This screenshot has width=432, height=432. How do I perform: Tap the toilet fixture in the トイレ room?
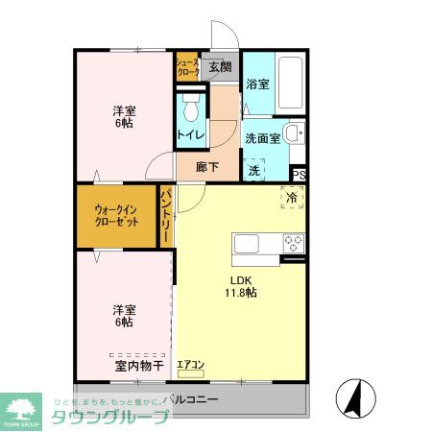pyautogui.click(x=189, y=104)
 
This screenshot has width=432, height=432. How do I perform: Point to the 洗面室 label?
pyautogui.click(x=262, y=138)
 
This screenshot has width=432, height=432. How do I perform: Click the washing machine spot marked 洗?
pyautogui.click(x=254, y=171)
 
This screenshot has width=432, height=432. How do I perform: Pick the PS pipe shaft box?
pyautogui.click(x=299, y=175)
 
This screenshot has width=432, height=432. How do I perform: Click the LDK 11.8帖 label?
pyautogui.click(x=240, y=285)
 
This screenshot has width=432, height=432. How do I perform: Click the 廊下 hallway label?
pyautogui.click(x=207, y=165)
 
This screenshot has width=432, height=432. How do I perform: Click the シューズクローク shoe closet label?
pyautogui.click(x=186, y=68)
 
